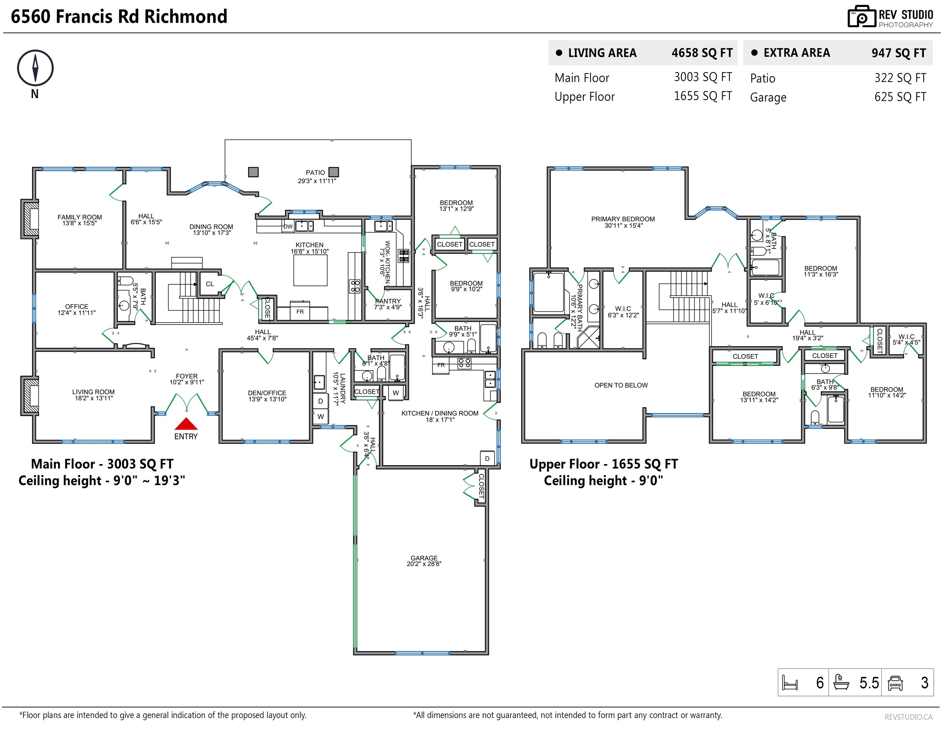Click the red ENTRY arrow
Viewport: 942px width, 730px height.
click(x=186, y=424)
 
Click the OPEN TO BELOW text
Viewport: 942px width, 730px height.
click(x=621, y=385)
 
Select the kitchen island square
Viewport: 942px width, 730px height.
click(x=310, y=270)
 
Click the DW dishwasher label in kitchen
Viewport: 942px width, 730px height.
click(x=288, y=227)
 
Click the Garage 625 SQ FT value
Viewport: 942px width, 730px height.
click(x=900, y=97)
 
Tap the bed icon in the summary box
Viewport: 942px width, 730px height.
click(x=790, y=683)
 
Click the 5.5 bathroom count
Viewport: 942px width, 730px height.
click(x=869, y=683)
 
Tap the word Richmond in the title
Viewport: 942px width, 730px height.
click(x=185, y=16)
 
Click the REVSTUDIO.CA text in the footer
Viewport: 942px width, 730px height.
click(x=908, y=717)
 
